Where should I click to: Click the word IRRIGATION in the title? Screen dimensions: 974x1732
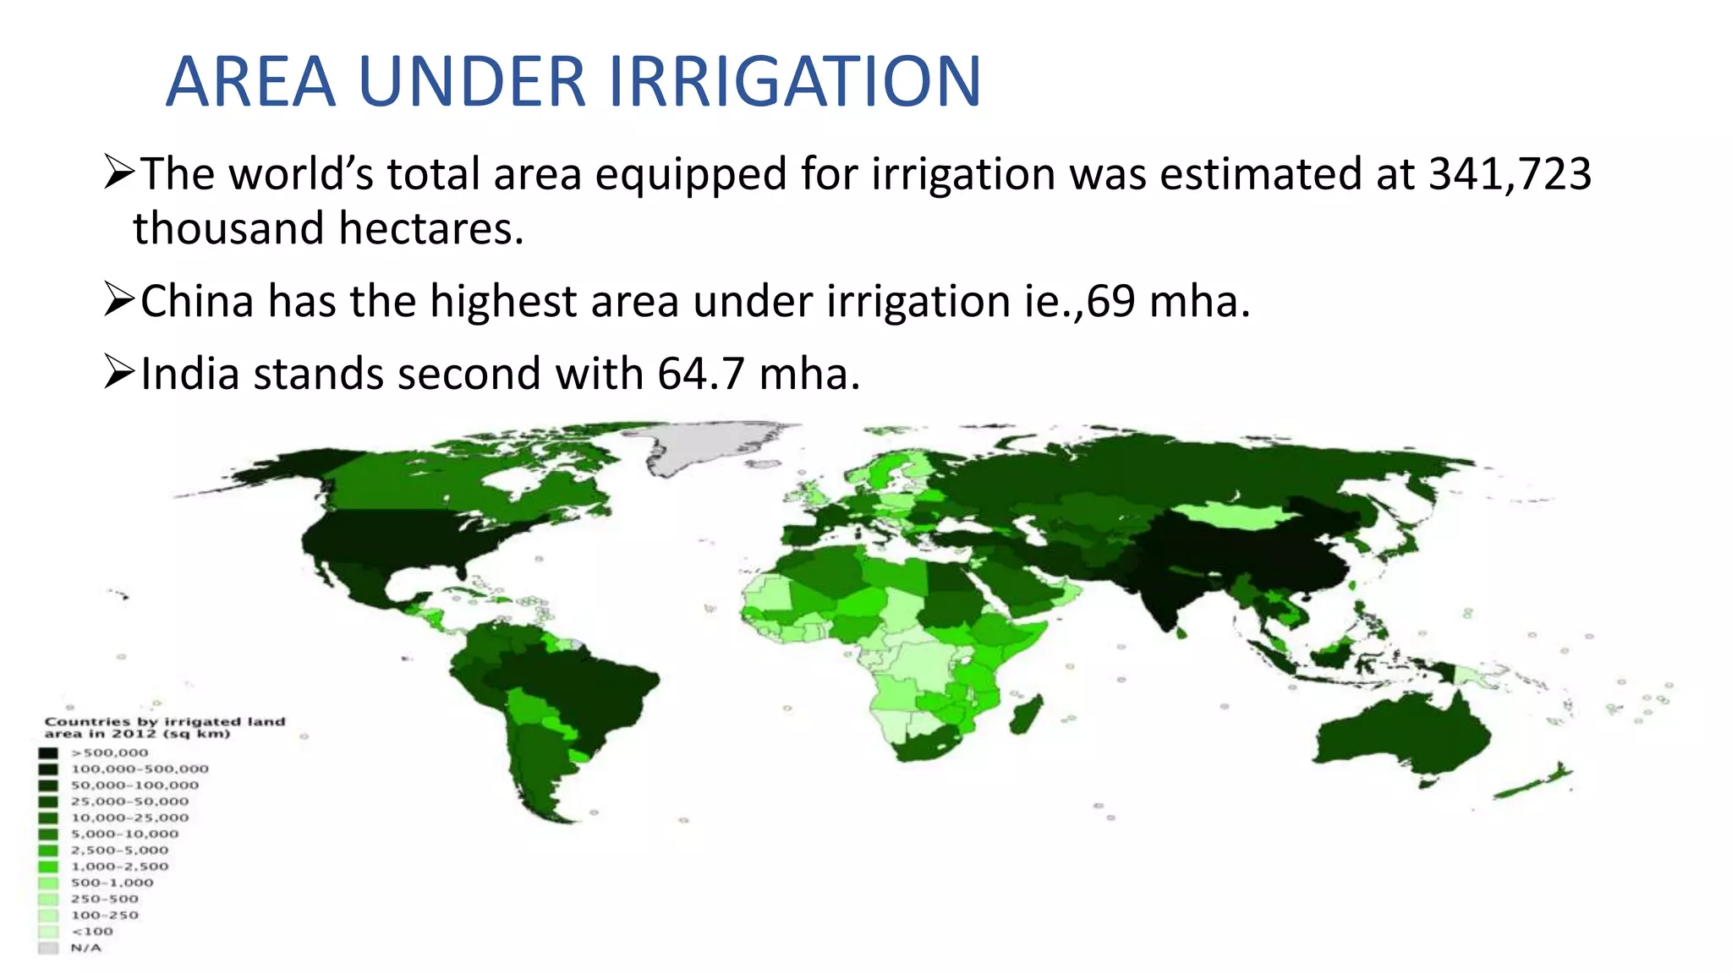click(x=794, y=82)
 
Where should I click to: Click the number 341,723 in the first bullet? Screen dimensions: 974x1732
click(x=1510, y=174)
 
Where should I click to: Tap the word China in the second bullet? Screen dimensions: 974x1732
click(x=197, y=302)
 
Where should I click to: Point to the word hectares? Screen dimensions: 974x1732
click(x=430, y=229)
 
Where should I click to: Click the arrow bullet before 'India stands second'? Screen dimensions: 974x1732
click(x=119, y=373)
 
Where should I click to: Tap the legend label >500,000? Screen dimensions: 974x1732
click(x=109, y=752)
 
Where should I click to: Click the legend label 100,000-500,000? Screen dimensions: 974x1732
click(x=140, y=769)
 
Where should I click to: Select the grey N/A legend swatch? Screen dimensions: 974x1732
click(x=48, y=948)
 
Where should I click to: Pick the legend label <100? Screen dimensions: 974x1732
click(x=91, y=931)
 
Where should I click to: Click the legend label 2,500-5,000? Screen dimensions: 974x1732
click(x=119, y=850)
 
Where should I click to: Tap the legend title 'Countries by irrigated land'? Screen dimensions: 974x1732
click(x=164, y=721)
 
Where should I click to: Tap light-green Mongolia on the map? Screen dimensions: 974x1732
click(x=1234, y=515)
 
